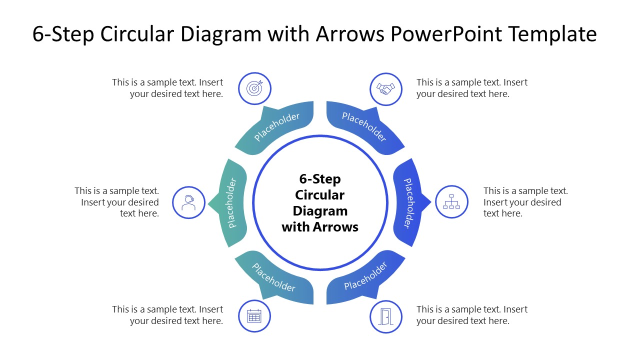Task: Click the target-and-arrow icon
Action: (254, 88)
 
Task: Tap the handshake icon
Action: (385, 89)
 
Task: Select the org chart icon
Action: (451, 202)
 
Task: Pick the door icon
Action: (385, 316)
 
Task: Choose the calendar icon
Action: (254, 316)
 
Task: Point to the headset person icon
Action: (188, 202)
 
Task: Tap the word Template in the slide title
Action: (552, 34)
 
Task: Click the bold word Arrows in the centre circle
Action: (335, 227)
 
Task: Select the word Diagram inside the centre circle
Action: (320, 211)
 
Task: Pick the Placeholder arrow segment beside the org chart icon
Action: (408, 202)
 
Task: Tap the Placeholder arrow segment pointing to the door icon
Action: (365, 277)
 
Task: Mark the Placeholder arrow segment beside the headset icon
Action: (231, 202)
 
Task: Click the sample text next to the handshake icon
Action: (471, 88)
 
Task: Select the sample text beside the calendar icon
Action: (167, 315)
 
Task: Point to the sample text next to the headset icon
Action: (117, 202)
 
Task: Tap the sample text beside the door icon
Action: (471, 315)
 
